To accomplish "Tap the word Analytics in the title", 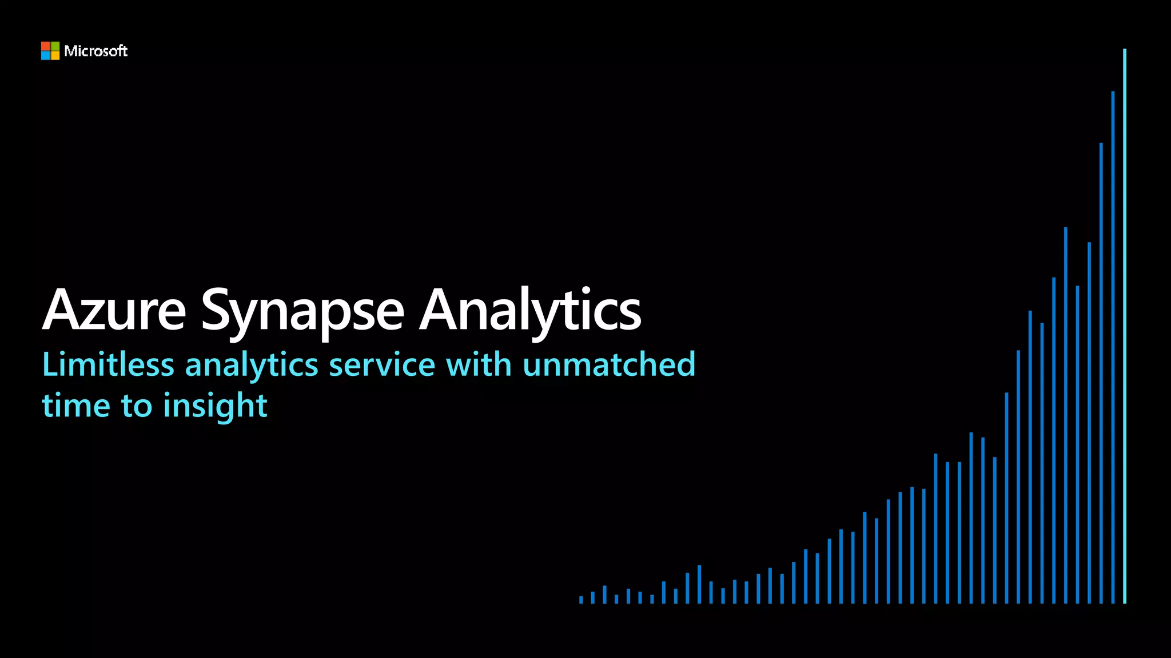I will point(530,311).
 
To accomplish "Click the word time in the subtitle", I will point(76,406).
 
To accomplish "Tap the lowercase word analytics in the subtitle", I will point(252,366).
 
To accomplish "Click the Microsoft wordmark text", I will point(95,51).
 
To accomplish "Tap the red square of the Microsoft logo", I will point(45,46).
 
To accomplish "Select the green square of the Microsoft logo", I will point(55,46).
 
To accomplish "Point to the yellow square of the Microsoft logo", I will point(55,55).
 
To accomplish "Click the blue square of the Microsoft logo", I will point(45,55).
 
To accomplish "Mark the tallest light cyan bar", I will point(1125,326).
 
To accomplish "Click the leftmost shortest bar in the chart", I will point(581,600).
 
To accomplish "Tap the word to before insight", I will point(137,406).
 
